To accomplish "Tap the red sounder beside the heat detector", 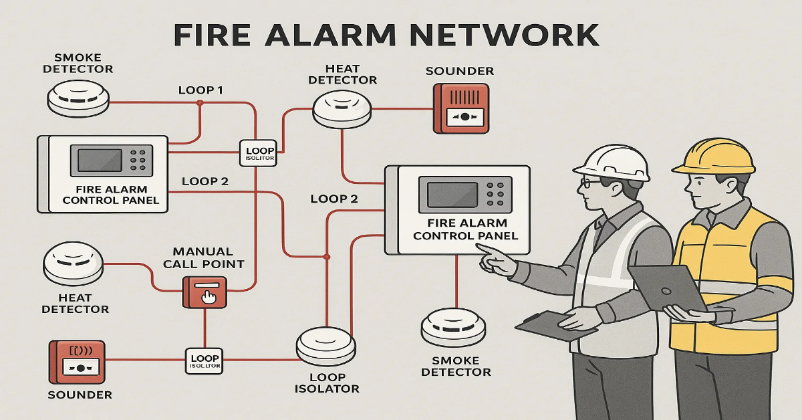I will coord(460,107).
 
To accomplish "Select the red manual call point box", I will coord(205,292).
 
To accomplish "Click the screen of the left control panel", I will coord(100,161).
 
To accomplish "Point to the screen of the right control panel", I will coord(451,193).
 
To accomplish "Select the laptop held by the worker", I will coord(668,288).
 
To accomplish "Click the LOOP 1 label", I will coord(200,90).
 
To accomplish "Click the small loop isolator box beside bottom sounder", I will coord(205,360).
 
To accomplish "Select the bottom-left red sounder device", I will coord(77,361).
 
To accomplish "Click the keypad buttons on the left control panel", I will coord(138,161).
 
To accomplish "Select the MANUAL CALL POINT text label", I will coord(203,257).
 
